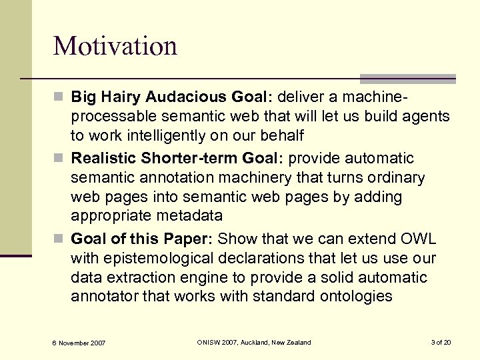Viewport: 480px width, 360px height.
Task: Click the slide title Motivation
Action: (x=115, y=46)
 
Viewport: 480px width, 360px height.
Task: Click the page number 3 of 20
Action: (x=441, y=342)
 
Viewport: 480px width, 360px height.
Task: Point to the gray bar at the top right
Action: (x=407, y=78)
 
